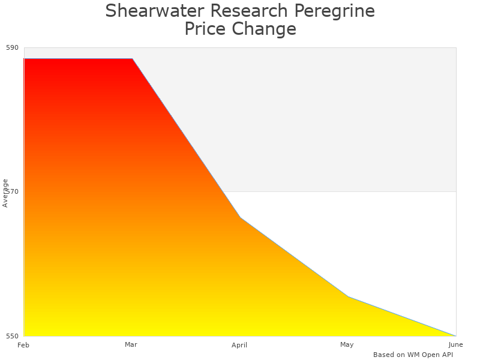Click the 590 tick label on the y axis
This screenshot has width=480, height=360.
point(13,47)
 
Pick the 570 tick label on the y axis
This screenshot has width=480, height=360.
point(13,191)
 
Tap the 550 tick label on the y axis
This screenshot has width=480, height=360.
point(13,335)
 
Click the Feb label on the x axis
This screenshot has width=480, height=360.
point(23,345)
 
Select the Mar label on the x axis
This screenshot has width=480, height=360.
point(131,344)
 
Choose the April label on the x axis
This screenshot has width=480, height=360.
point(239,345)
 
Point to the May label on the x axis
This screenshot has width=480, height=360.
point(347,344)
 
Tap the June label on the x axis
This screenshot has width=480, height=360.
point(455,344)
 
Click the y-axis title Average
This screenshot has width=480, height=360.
point(5,193)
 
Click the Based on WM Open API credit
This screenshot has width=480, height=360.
point(413,355)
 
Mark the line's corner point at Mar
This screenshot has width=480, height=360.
point(132,59)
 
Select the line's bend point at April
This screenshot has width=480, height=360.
point(240,217)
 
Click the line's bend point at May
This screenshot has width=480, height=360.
point(348,296)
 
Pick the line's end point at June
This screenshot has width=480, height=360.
point(455,335)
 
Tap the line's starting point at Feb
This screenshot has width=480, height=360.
point(24,59)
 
